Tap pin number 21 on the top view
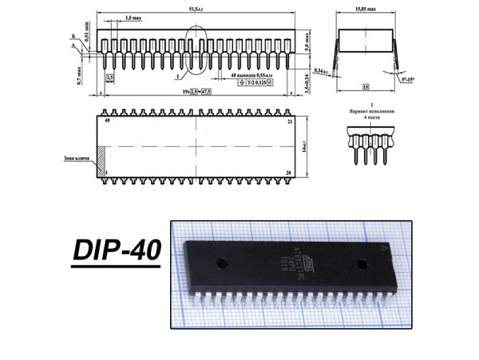(289, 121)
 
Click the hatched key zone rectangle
(101, 161)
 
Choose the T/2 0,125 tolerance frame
(256, 83)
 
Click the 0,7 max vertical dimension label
(80, 77)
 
